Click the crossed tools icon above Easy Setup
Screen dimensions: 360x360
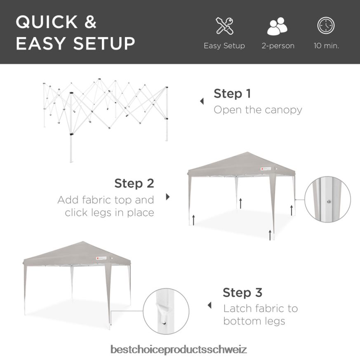(x=224, y=26)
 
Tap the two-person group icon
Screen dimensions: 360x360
(x=278, y=26)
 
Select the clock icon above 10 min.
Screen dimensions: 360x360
(x=326, y=25)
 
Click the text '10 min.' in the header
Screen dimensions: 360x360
(x=326, y=46)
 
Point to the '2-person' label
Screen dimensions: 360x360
(x=278, y=46)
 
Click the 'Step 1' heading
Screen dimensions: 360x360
(x=232, y=94)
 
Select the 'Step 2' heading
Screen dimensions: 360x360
(x=134, y=183)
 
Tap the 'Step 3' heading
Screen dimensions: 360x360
(x=242, y=292)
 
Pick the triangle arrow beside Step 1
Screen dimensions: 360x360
(x=202, y=101)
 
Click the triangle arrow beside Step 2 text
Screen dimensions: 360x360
(x=168, y=197)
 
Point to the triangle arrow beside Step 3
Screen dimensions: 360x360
(x=209, y=305)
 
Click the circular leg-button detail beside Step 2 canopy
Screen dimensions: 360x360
(x=327, y=199)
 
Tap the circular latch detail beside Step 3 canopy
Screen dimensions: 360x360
(x=166, y=311)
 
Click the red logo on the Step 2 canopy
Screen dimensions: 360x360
(x=262, y=169)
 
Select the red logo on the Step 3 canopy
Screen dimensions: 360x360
(x=97, y=258)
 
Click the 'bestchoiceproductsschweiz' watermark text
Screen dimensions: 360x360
(x=179, y=349)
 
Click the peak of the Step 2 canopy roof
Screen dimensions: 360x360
(x=247, y=152)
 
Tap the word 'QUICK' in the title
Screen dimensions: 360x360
(x=47, y=22)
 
